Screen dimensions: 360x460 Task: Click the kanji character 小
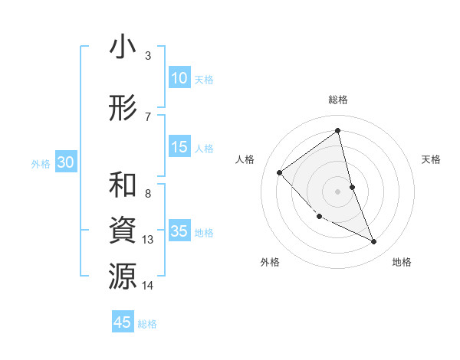click(123, 47)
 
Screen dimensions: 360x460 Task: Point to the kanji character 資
click(123, 231)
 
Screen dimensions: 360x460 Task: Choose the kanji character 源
click(123, 277)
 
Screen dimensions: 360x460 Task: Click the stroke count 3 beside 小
click(147, 55)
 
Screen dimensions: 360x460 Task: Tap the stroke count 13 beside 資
click(148, 240)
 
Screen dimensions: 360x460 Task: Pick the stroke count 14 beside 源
click(148, 286)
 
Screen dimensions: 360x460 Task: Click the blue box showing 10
click(179, 78)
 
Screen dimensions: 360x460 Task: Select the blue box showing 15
click(179, 148)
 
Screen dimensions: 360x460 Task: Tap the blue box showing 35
click(179, 232)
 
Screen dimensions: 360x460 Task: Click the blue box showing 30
click(65, 163)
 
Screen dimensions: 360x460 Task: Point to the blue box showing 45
click(123, 322)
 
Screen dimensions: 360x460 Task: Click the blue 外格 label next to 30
click(41, 164)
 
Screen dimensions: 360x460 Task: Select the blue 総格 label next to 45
click(147, 324)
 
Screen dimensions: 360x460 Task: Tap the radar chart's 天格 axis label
click(431, 159)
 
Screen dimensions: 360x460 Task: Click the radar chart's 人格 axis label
click(245, 159)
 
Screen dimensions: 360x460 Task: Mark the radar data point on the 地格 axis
click(374, 241)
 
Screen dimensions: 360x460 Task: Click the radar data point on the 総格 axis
click(337, 131)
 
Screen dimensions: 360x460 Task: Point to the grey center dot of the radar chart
click(337, 191)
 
